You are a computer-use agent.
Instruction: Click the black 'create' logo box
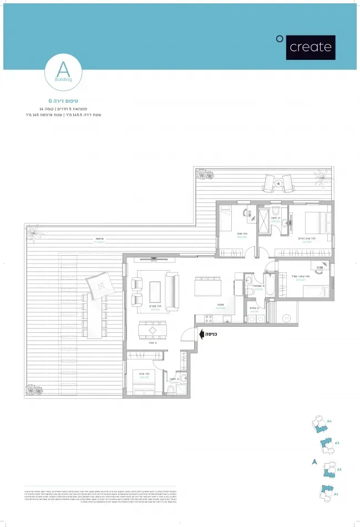(x=311, y=47)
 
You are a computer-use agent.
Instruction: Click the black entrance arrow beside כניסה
(x=202, y=335)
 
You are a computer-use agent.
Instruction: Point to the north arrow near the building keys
(x=314, y=462)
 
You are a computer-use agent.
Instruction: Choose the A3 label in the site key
(x=337, y=443)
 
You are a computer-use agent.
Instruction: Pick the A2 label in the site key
(x=339, y=469)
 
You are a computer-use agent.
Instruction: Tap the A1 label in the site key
(x=336, y=493)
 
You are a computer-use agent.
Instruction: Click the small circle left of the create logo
(x=280, y=38)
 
